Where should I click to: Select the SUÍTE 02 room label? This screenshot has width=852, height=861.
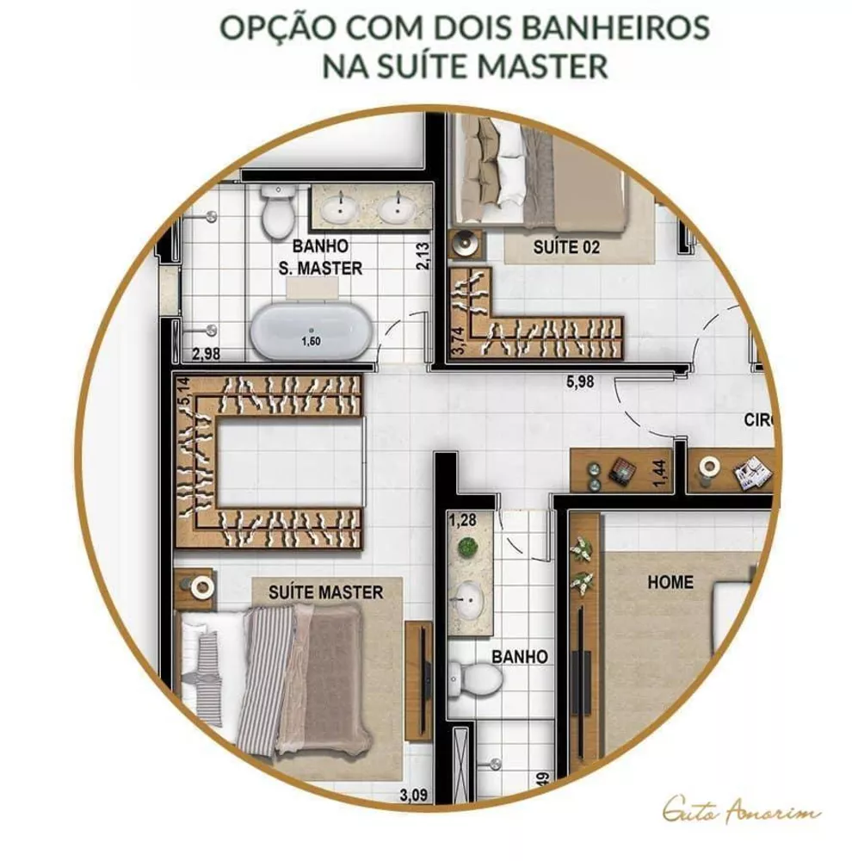[565, 248]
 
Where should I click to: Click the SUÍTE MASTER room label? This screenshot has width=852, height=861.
[325, 592]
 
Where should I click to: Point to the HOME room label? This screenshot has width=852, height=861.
[670, 582]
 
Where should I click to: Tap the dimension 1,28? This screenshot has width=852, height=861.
[462, 519]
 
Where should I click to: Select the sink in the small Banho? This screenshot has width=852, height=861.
[470, 595]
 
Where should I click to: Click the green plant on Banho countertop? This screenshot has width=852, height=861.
[467, 547]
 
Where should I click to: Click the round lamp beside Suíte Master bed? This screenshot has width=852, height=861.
[201, 588]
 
